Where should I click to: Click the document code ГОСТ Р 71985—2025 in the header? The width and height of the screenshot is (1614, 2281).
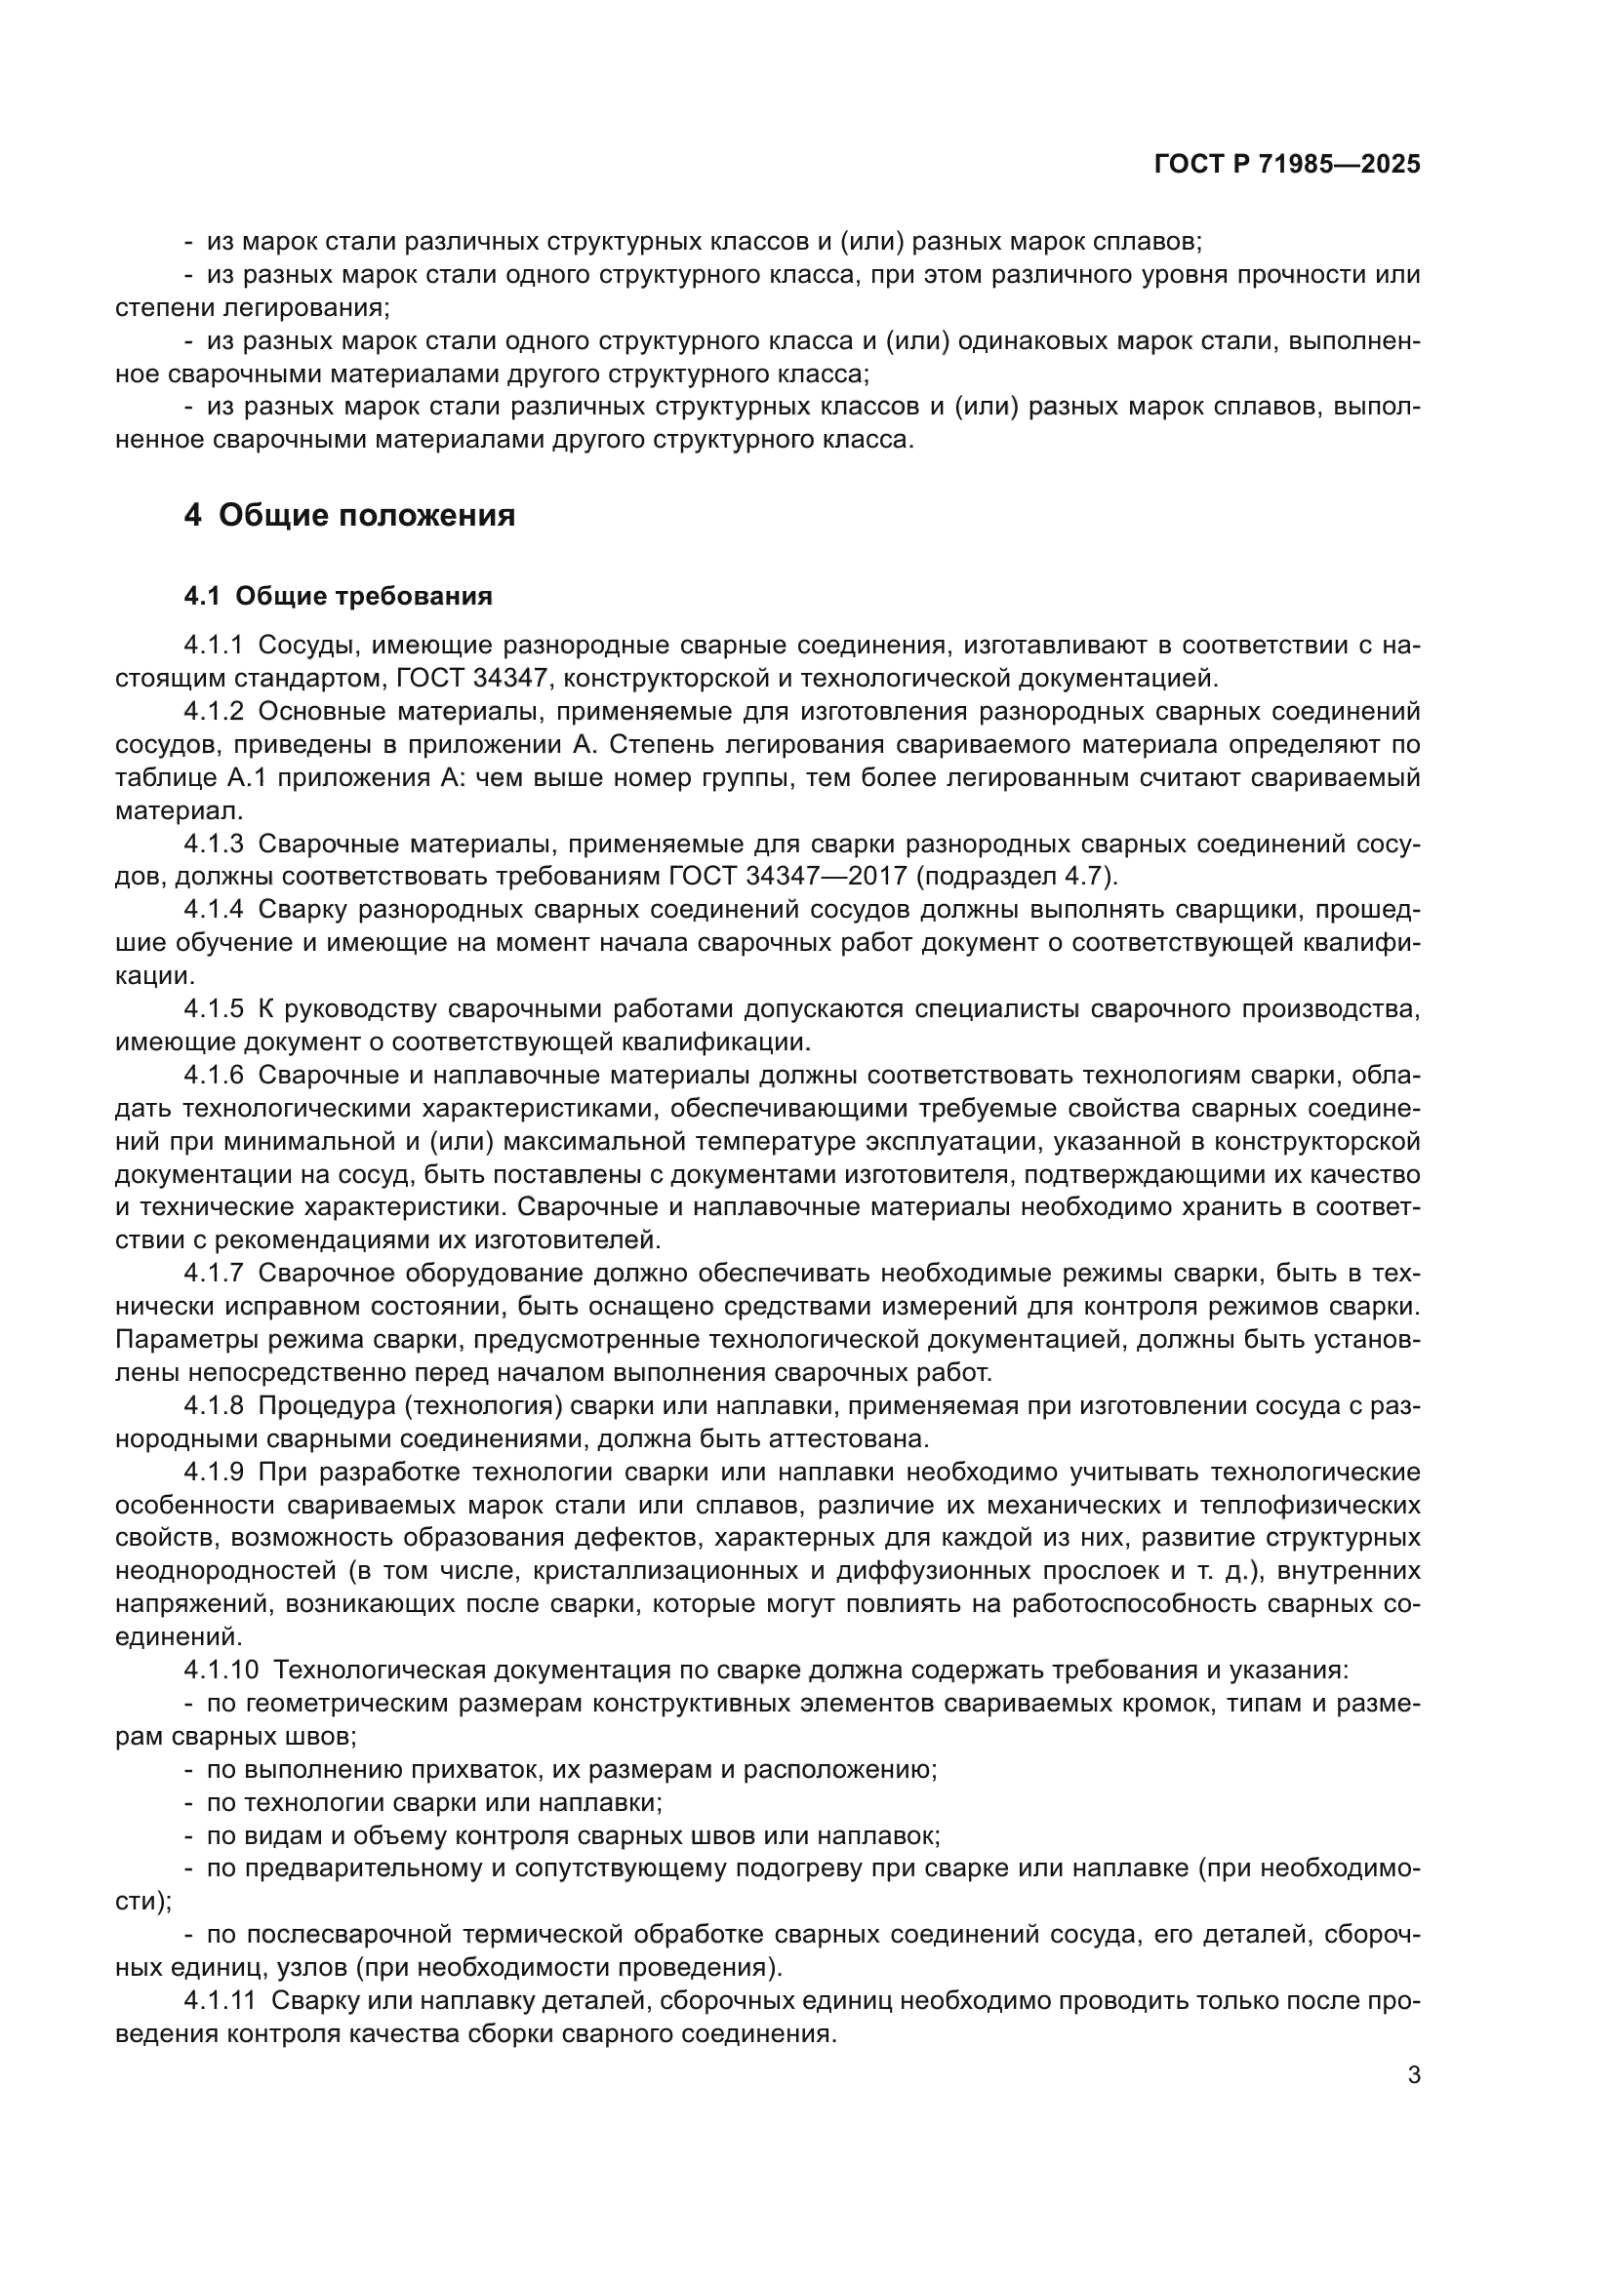pyautogui.click(x=1287, y=165)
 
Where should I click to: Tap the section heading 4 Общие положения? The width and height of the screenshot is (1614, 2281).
pyautogui.click(x=350, y=516)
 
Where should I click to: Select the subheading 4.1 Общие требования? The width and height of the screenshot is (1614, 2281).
pyautogui.click(x=338, y=596)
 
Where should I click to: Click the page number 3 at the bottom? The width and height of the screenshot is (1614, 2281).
pyautogui.click(x=1413, y=2075)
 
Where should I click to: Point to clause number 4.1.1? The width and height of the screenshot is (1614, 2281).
pyautogui.click(x=213, y=646)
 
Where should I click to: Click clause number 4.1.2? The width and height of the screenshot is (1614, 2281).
pyautogui.click(x=213, y=711)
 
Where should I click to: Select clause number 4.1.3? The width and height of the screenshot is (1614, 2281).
pyautogui.click(x=213, y=844)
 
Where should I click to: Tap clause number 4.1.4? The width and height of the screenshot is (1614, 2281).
pyautogui.click(x=213, y=910)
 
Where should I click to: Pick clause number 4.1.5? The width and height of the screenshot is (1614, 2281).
pyautogui.click(x=213, y=1009)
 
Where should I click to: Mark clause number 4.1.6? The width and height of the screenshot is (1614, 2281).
pyautogui.click(x=213, y=1075)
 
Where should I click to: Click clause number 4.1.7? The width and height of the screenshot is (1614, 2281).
pyautogui.click(x=213, y=1274)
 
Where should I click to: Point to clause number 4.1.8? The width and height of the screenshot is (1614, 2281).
pyautogui.click(x=213, y=1406)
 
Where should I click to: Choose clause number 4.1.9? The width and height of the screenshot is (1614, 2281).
pyautogui.click(x=213, y=1472)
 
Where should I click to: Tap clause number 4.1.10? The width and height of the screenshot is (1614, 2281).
pyautogui.click(x=219, y=1670)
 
